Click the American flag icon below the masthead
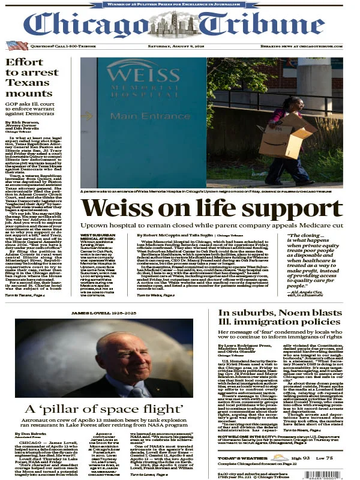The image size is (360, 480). pyautogui.click(x=13, y=45)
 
